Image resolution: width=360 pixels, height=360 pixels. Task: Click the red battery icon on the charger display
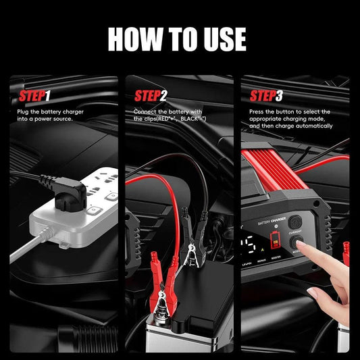(274, 240)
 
